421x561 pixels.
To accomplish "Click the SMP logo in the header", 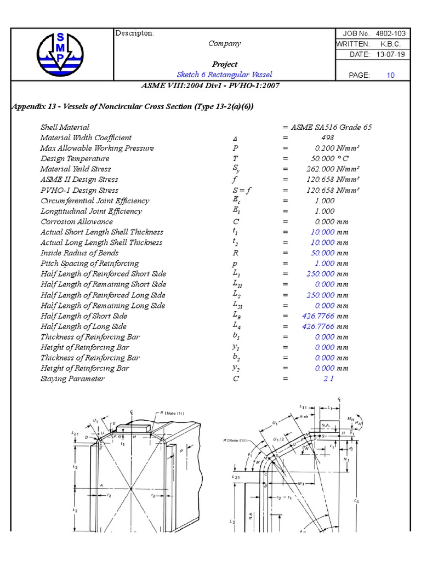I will [60, 54].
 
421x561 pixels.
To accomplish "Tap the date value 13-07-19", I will [389, 54].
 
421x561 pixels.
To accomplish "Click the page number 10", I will [390, 75].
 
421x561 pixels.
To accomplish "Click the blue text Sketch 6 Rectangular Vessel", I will [224, 75].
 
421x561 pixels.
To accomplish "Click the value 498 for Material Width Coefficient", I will [327, 138].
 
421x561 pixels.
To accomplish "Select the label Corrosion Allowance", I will [77, 221].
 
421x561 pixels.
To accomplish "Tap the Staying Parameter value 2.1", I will [328, 379].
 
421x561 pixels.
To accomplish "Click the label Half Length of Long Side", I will [84, 326].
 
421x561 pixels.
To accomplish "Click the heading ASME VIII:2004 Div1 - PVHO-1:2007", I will [210, 85].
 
